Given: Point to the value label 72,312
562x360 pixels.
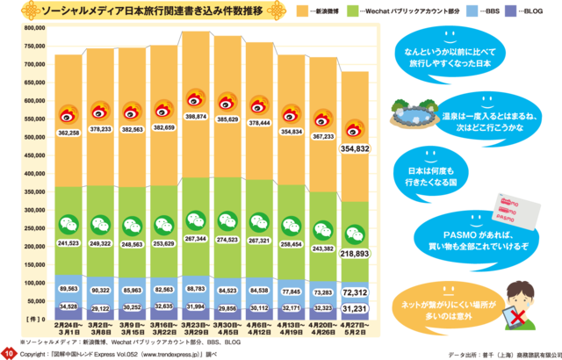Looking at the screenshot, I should [x=355, y=291].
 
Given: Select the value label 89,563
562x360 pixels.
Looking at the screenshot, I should [x=68, y=289].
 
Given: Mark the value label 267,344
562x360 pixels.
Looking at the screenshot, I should [x=197, y=238].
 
